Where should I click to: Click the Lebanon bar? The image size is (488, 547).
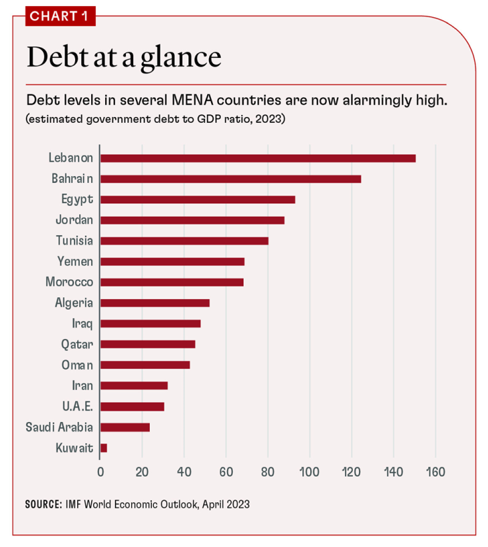(x=258, y=158)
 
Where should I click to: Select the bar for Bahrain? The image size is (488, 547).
(x=230, y=179)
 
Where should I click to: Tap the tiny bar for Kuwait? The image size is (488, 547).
(x=103, y=448)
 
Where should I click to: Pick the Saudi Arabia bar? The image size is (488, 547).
(x=124, y=427)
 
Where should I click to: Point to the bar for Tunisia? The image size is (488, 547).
(x=184, y=241)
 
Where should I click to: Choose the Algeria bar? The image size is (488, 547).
(x=154, y=303)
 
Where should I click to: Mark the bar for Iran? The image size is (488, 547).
(x=133, y=385)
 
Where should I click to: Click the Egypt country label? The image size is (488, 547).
(x=77, y=199)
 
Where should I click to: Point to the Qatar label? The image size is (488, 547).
(x=77, y=344)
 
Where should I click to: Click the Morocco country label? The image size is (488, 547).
(x=69, y=282)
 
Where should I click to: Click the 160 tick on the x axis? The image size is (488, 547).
(x=435, y=473)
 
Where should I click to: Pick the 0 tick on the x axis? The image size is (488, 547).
(x=101, y=473)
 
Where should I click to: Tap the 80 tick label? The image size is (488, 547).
(x=268, y=473)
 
